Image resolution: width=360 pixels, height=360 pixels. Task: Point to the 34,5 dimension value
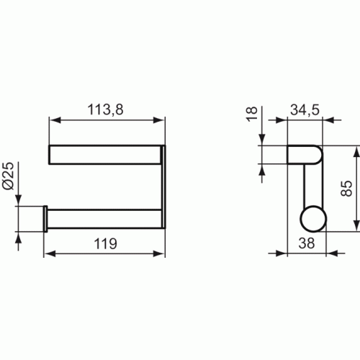coord(305,110)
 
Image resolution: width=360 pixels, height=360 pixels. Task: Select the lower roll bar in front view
coord(104,219)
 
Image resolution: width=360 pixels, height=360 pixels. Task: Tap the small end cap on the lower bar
coord(45,219)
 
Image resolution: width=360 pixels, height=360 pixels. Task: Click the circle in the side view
coord(311,219)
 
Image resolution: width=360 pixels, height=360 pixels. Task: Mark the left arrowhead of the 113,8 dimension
coord(53,121)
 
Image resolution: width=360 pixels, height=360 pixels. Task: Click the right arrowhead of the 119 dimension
coord(161,254)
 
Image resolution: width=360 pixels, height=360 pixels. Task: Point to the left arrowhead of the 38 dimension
coord(292,253)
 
